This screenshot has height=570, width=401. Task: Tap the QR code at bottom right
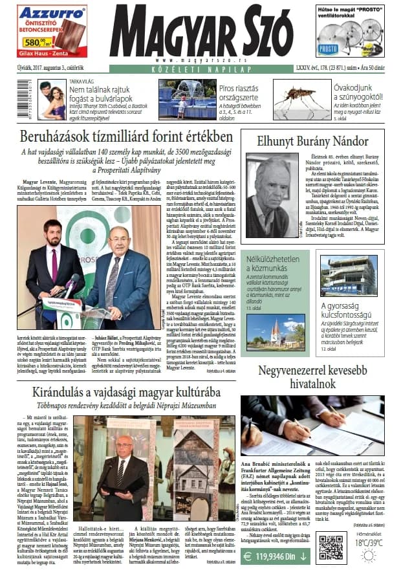click(331, 547)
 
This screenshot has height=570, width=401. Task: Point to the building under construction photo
click(348, 276)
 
